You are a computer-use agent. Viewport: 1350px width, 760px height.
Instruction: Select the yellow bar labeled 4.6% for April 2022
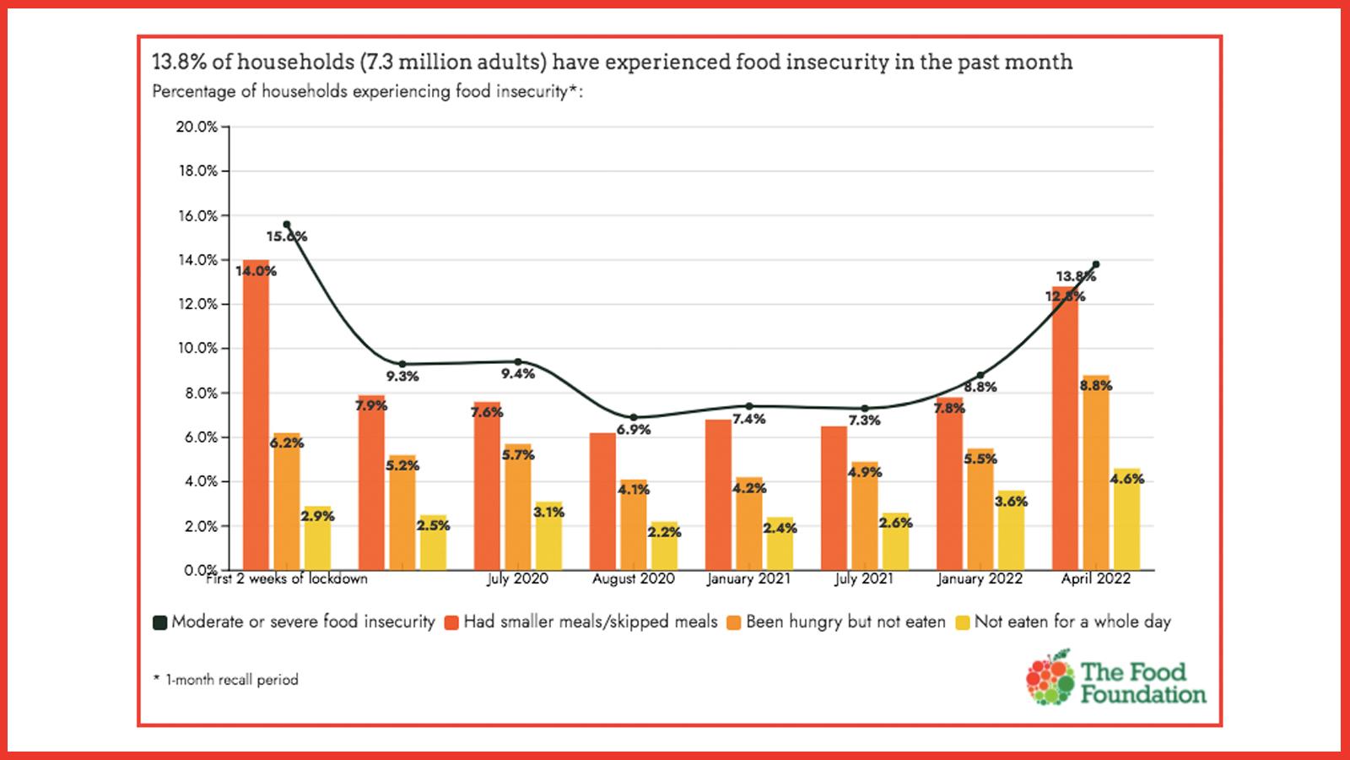(1126, 524)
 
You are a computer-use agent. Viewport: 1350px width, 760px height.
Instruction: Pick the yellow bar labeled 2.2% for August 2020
(664, 549)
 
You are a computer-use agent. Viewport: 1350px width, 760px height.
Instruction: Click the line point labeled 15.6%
(287, 225)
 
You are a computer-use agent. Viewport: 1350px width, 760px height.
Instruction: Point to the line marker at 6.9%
(634, 417)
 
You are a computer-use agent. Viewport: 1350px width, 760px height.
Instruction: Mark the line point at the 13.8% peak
(1095, 264)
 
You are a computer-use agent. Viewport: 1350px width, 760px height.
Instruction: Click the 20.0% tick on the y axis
(197, 127)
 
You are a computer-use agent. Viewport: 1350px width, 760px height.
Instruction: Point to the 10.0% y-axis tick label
(197, 348)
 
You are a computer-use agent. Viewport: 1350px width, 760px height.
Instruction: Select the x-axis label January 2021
(748, 579)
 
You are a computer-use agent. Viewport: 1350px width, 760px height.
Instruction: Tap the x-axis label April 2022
(1095, 579)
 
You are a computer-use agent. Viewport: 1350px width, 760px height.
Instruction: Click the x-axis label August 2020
(633, 579)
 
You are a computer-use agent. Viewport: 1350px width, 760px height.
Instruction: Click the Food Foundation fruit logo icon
(1050, 677)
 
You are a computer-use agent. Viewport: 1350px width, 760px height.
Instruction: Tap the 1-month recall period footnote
(225, 680)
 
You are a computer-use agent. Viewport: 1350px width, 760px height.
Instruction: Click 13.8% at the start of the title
(178, 62)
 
